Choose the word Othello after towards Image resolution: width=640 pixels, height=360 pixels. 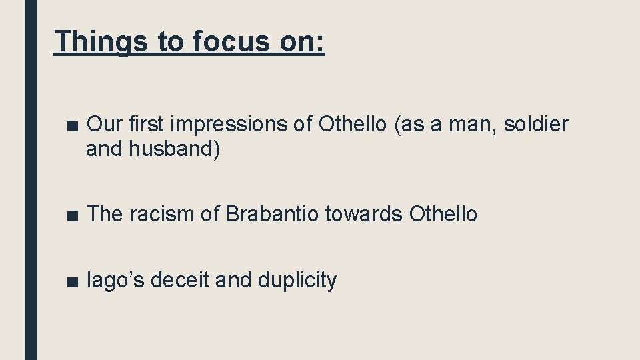(443, 214)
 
